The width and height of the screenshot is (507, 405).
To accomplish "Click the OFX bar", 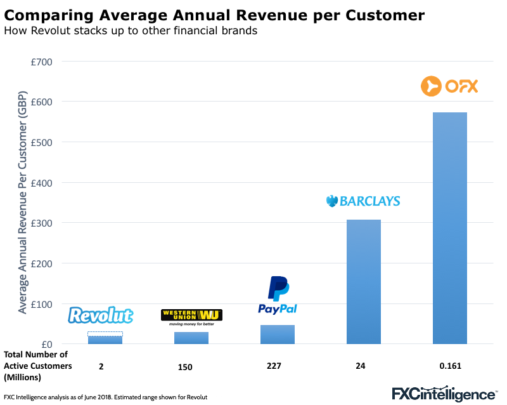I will [450, 229].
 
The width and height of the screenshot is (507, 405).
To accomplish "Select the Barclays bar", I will [364, 282].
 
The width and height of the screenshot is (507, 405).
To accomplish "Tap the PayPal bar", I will [278, 335].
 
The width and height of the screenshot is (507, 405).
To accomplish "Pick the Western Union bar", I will [191, 338].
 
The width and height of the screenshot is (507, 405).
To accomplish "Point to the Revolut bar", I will [105, 340].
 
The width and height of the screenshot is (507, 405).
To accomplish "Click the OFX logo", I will [449, 86].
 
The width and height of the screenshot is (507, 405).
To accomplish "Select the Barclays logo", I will [363, 201].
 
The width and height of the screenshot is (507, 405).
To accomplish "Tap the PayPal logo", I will [278, 296].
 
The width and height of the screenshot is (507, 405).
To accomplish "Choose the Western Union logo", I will [192, 315].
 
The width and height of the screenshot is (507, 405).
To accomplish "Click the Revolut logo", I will [101, 315].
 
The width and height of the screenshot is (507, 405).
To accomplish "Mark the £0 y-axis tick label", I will [46, 344].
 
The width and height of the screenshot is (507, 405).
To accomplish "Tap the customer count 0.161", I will [450, 366].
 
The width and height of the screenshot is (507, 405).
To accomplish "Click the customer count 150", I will [185, 367].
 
